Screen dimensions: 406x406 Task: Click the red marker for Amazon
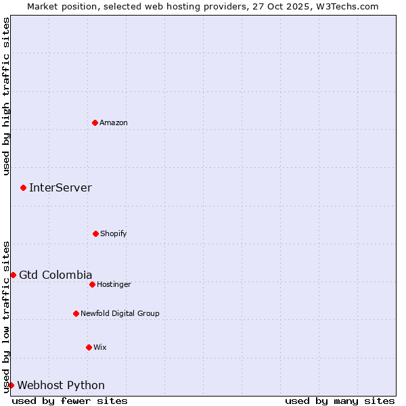95,122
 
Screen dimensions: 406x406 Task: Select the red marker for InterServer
23,187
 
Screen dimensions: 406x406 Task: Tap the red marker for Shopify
95,233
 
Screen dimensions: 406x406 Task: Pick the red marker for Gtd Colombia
13,275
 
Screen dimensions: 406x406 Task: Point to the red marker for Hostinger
92,284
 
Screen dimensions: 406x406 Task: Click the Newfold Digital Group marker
76,313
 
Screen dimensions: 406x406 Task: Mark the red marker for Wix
89,347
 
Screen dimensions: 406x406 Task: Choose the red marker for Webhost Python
11,385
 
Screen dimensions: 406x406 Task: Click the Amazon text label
114,122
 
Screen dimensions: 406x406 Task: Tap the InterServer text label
60,187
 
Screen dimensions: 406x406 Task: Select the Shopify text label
114,233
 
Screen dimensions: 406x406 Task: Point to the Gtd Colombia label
55,275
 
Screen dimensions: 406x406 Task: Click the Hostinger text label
114,284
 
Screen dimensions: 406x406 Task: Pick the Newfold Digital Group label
120,313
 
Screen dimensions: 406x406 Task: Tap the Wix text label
100,347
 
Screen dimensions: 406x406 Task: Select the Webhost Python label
61,385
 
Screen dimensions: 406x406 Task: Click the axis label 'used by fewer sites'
70,401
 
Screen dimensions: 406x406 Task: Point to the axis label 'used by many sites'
340,401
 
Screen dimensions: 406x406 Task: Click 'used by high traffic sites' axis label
6,97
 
